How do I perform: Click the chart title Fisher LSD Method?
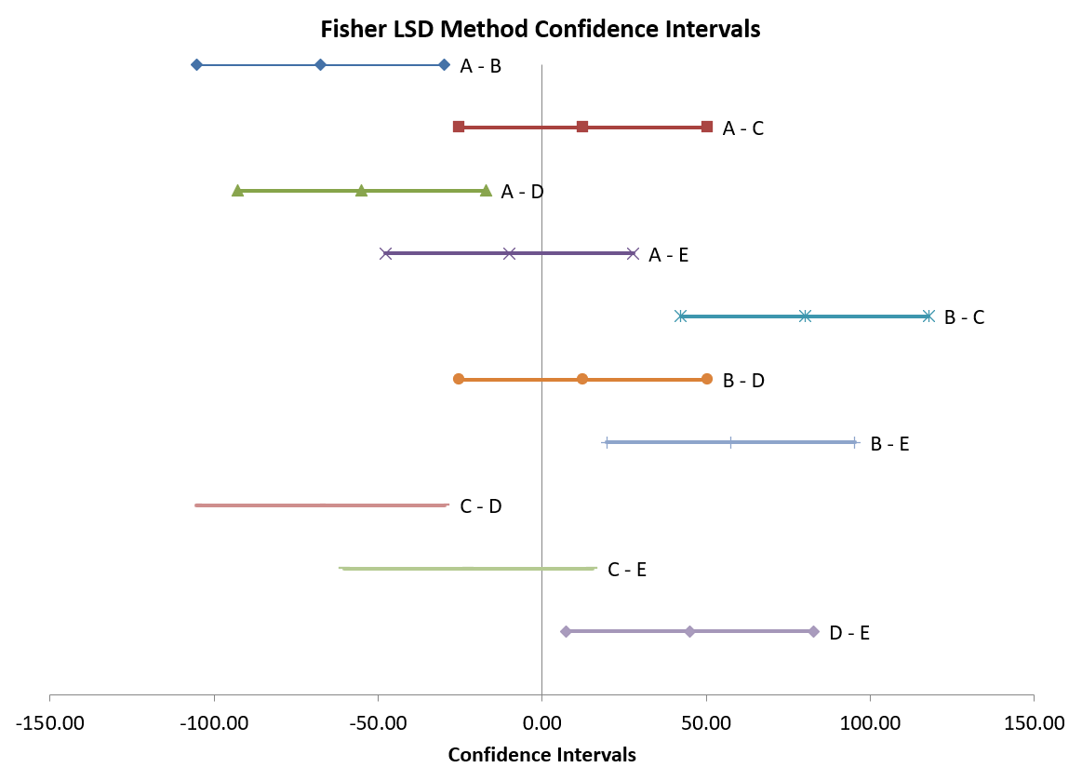click(540, 29)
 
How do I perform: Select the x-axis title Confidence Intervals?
click(541, 755)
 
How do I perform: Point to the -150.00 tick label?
click(48, 723)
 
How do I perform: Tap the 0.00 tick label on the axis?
click(541, 723)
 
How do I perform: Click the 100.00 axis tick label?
click(869, 723)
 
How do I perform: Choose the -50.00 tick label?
click(378, 723)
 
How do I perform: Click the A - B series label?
click(481, 66)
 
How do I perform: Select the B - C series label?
click(964, 317)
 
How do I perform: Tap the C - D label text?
click(481, 507)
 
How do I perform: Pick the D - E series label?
click(849, 633)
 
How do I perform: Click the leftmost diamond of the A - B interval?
click(196, 65)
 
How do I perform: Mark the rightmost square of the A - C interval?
click(707, 127)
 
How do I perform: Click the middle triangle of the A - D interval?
click(361, 191)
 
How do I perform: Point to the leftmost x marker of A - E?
click(386, 253)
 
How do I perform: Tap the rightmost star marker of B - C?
click(928, 316)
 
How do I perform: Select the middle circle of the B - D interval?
click(582, 379)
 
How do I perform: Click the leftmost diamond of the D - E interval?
click(566, 631)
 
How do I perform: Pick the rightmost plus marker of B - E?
click(854, 442)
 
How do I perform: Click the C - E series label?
click(627, 570)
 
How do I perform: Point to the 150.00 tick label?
click(1034, 723)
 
